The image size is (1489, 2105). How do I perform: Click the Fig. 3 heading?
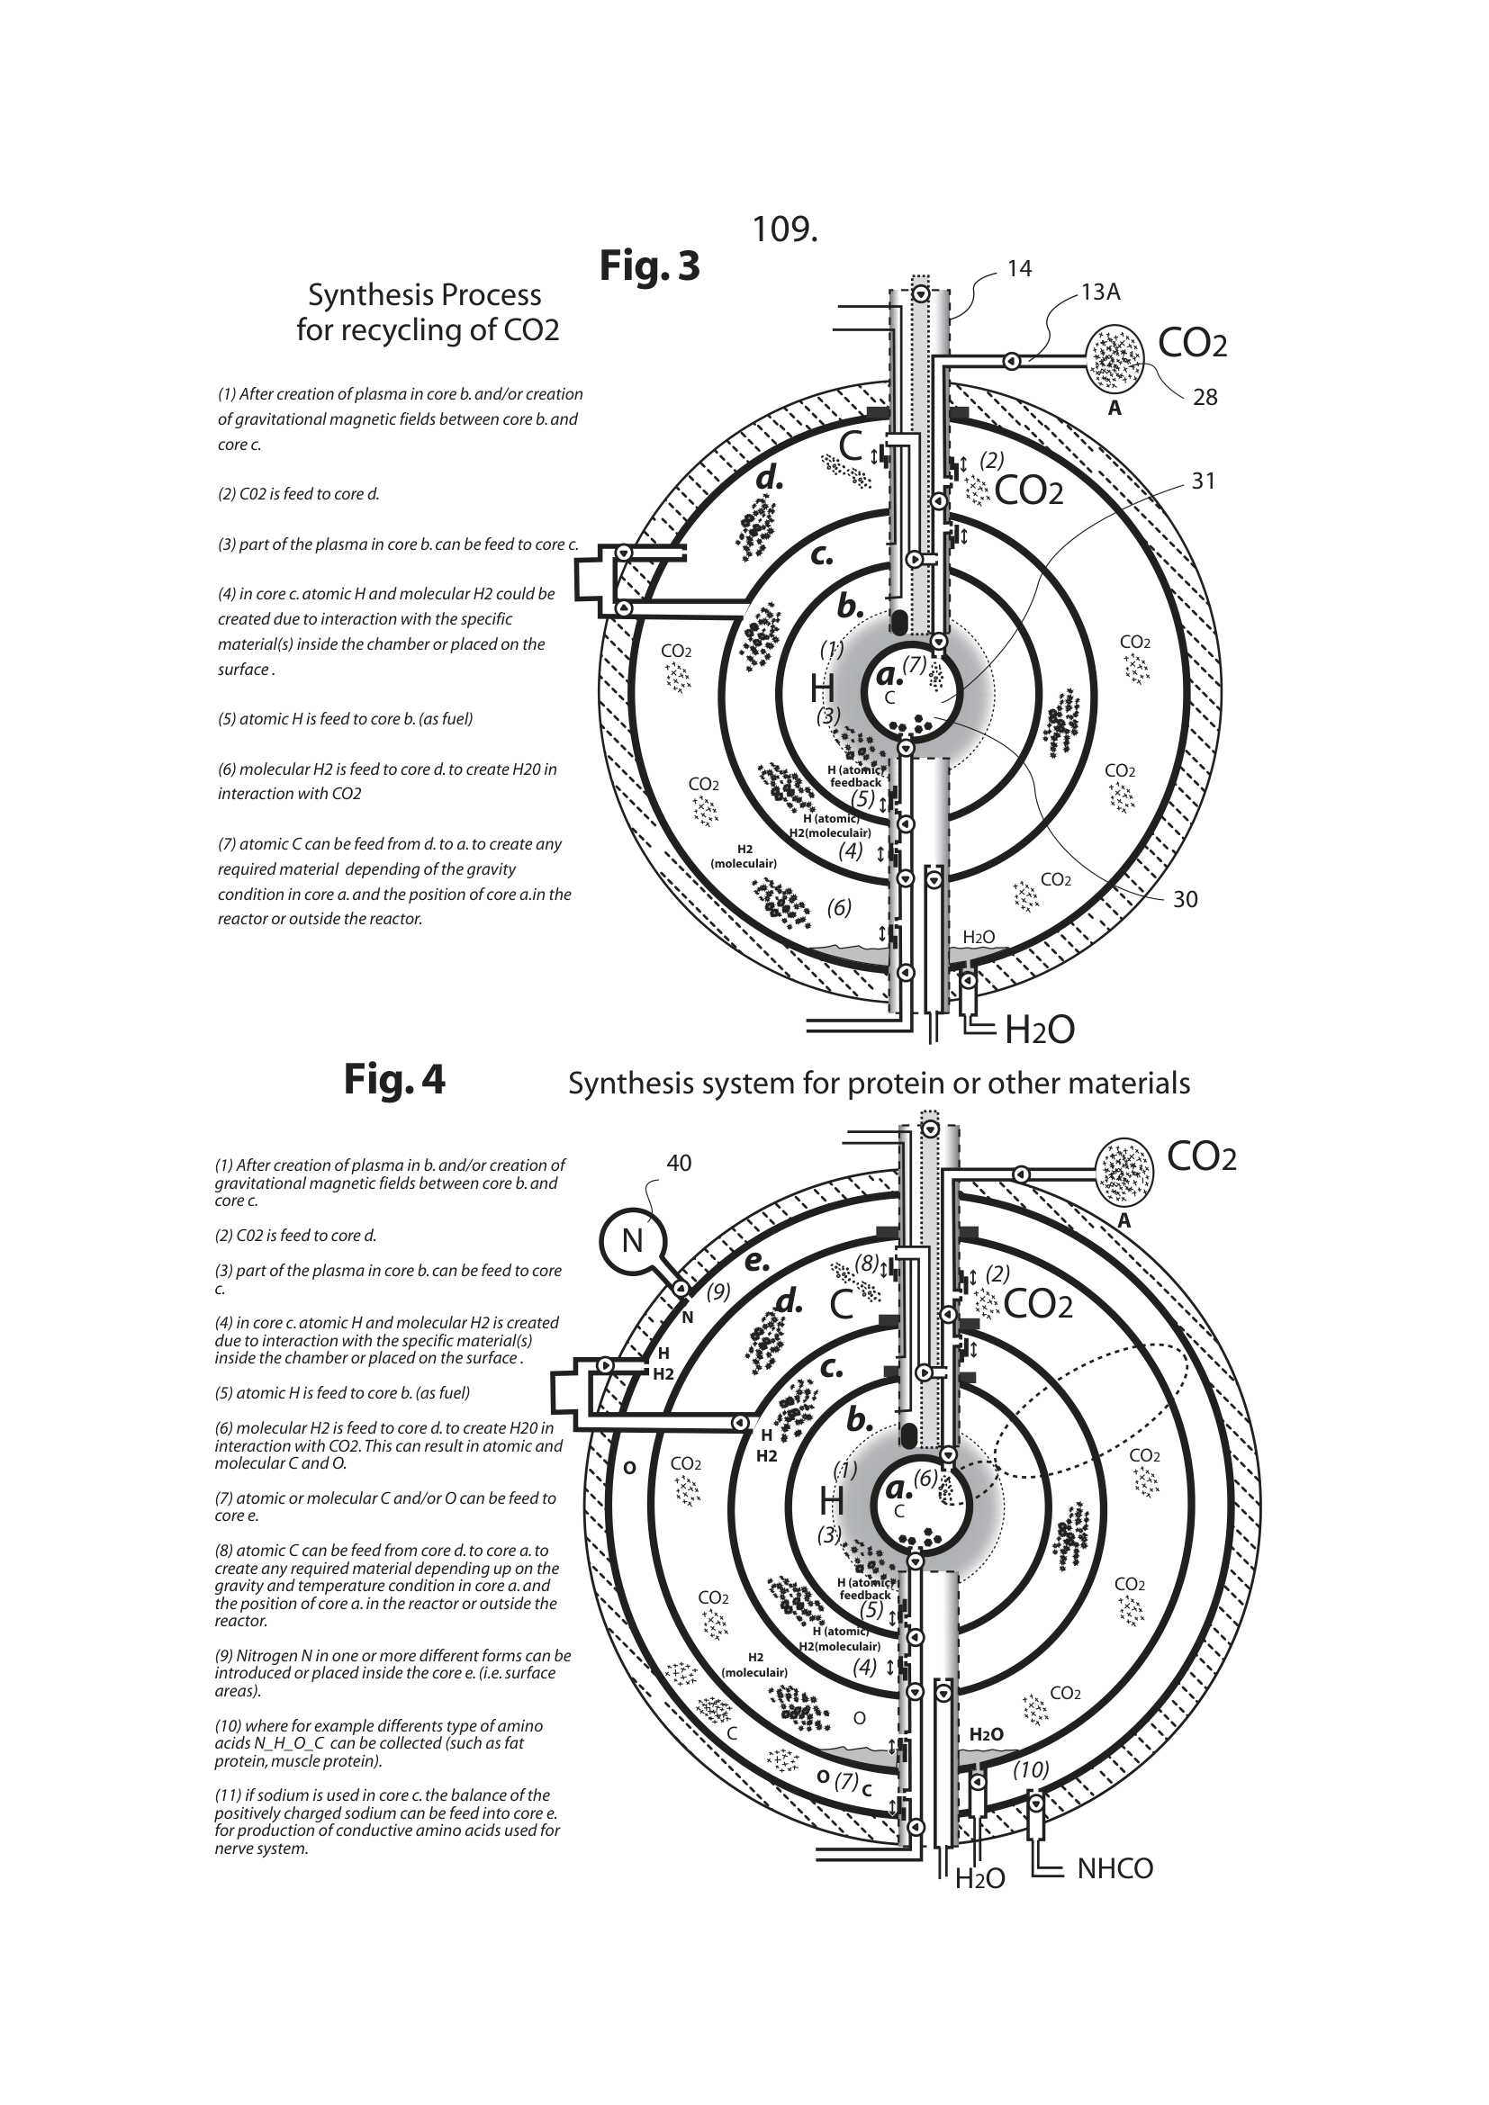pyautogui.click(x=649, y=265)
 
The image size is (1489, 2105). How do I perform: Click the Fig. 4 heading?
pyautogui.click(x=394, y=1079)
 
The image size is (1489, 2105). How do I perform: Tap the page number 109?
pyautogui.click(x=784, y=229)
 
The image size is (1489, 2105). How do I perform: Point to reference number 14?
pyautogui.click(x=1019, y=268)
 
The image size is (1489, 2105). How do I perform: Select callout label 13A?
pyautogui.click(x=1100, y=292)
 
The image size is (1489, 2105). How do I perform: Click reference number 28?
pyautogui.click(x=1205, y=397)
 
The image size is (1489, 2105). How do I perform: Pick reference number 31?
pyautogui.click(x=1203, y=481)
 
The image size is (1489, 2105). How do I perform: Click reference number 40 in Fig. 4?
pyautogui.click(x=679, y=1164)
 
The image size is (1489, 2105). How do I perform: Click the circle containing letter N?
pyautogui.click(x=632, y=1240)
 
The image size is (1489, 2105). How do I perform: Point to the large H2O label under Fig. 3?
pyautogui.click(x=1039, y=1030)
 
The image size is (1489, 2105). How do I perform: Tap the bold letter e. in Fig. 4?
pyautogui.click(x=756, y=1261)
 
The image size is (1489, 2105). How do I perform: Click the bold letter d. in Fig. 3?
pyautogui.click(x=769, y=479)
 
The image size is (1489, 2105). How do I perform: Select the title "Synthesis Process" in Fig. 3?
pyautogui.click(x=424, y=295)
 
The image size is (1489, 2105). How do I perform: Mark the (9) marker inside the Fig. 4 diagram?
pyautogui.click(x=718, y=1291)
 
